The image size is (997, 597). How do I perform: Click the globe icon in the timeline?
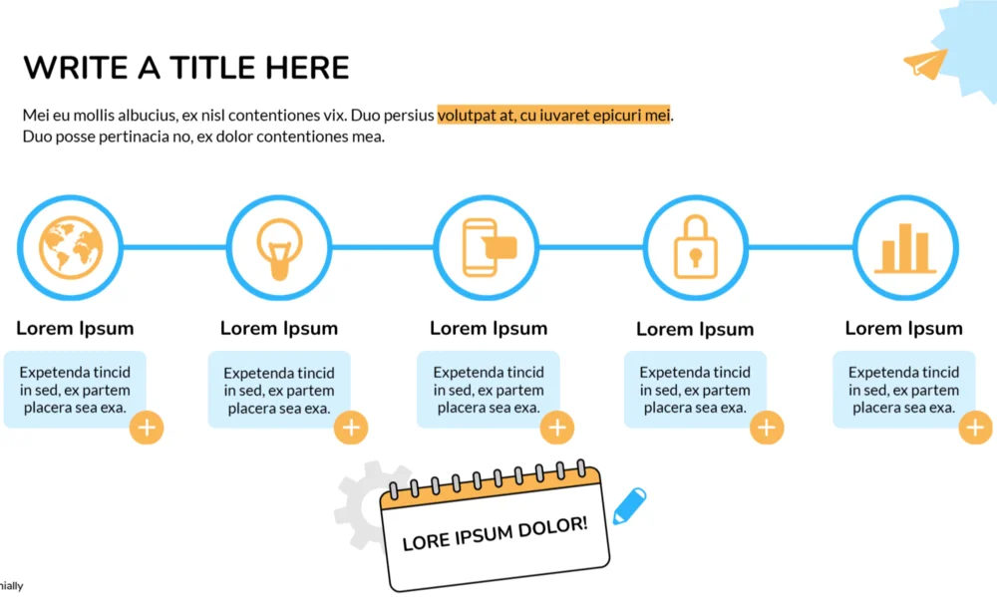pos(71,247)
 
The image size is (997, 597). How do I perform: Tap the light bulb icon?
pos(278,245)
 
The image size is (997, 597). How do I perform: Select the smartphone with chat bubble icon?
pos(487,247)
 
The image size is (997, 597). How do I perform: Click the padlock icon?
pos(695,247)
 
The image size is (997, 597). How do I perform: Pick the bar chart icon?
pos(904,247)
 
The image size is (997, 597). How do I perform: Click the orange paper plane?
pos(925,64)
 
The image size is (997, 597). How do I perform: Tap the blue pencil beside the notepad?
pos(629,505)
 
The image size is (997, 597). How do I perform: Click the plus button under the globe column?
pos(147,428)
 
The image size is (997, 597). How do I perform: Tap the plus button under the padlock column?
pos(766,428)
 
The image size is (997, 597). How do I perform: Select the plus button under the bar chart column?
pos(975,428)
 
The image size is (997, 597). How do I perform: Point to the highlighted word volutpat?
pos(470,116)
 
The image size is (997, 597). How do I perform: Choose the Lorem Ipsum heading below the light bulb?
pos(279,328)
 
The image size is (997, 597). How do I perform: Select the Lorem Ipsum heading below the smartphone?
pos(489,328)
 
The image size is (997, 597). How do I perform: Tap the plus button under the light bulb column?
pos(351,428)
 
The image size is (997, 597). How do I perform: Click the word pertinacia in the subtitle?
pos(131,137)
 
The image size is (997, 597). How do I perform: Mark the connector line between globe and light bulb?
pos(174,247)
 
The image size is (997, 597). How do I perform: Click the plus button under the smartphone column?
pos(556,428)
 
